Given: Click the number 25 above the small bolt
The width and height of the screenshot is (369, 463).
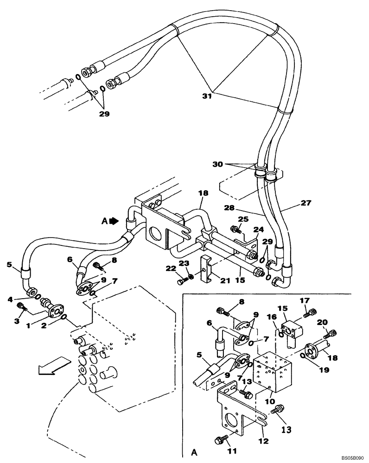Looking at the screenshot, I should pyautogui.click(x=243, y=219).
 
